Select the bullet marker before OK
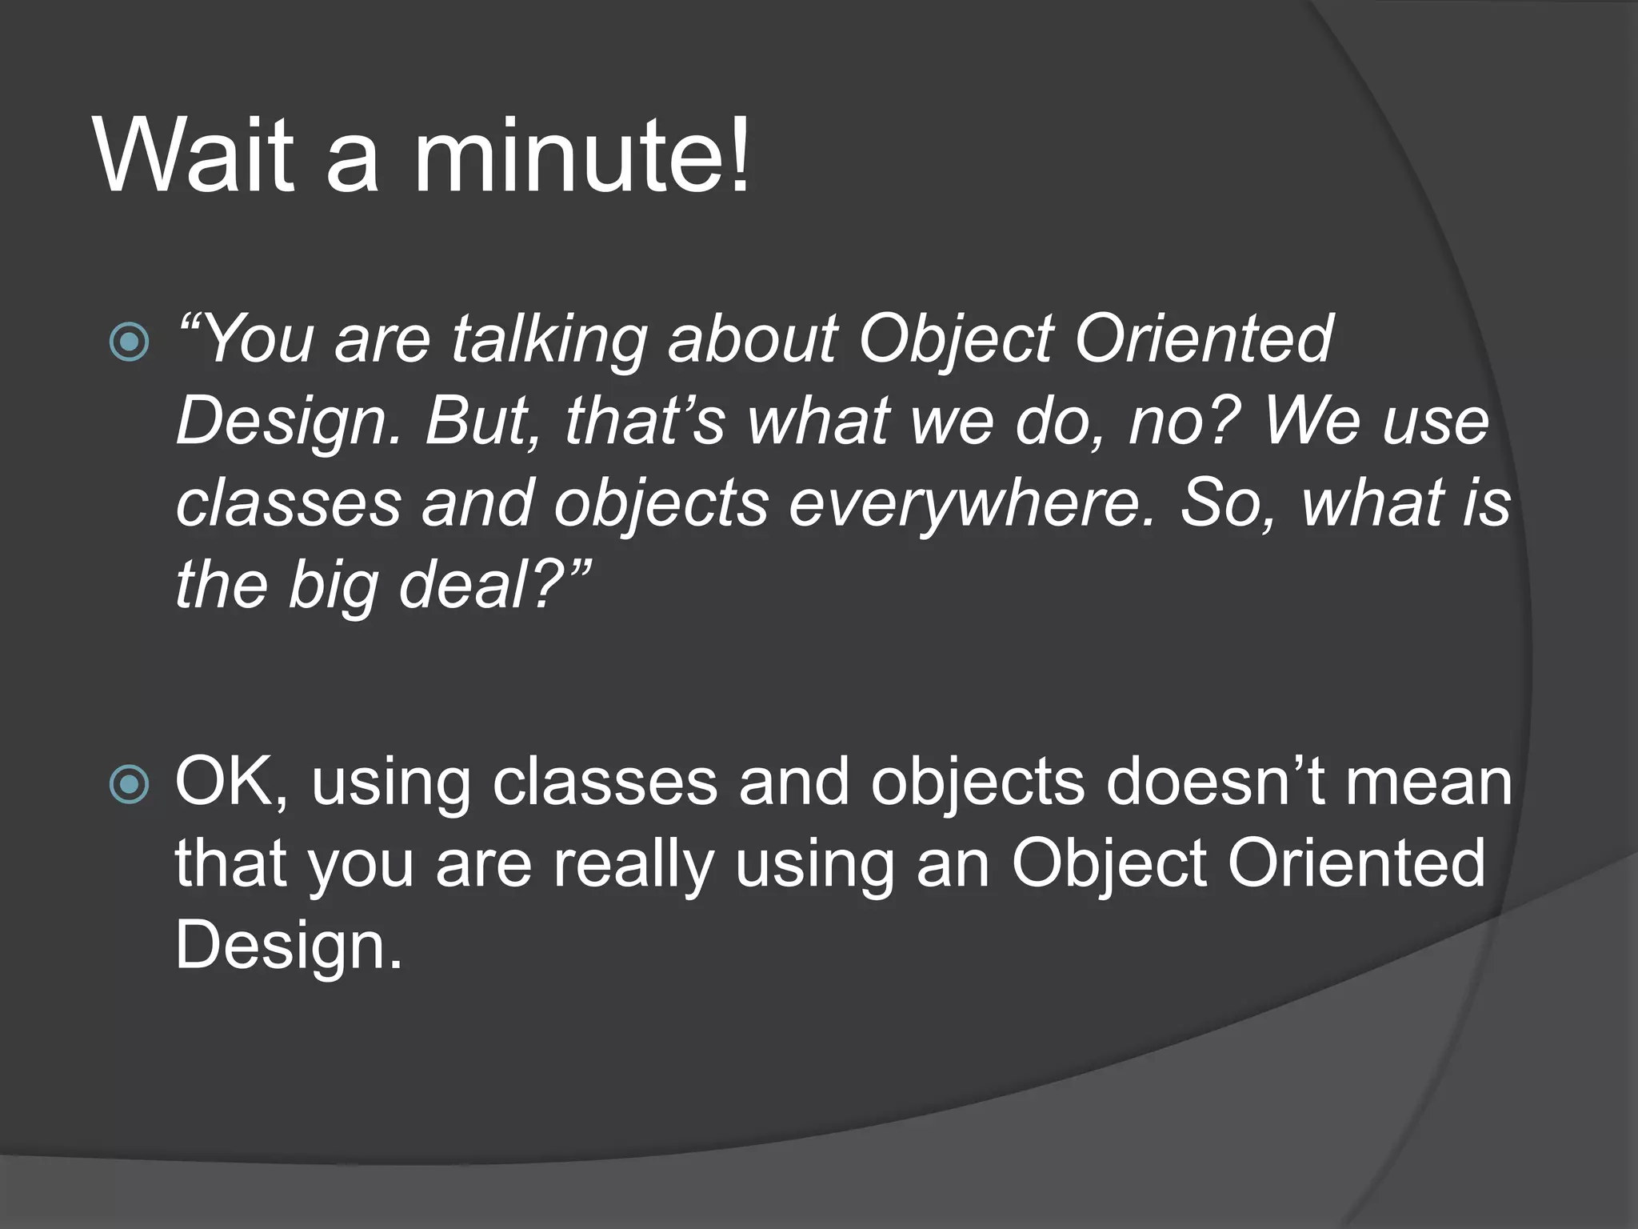coord(129,784)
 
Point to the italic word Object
coord(955,340)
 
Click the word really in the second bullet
coord(633,865)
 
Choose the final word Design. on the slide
coord(289,947)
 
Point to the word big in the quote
coord(332,586)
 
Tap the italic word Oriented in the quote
coord(1203,340)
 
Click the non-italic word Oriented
coord(1356,865)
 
